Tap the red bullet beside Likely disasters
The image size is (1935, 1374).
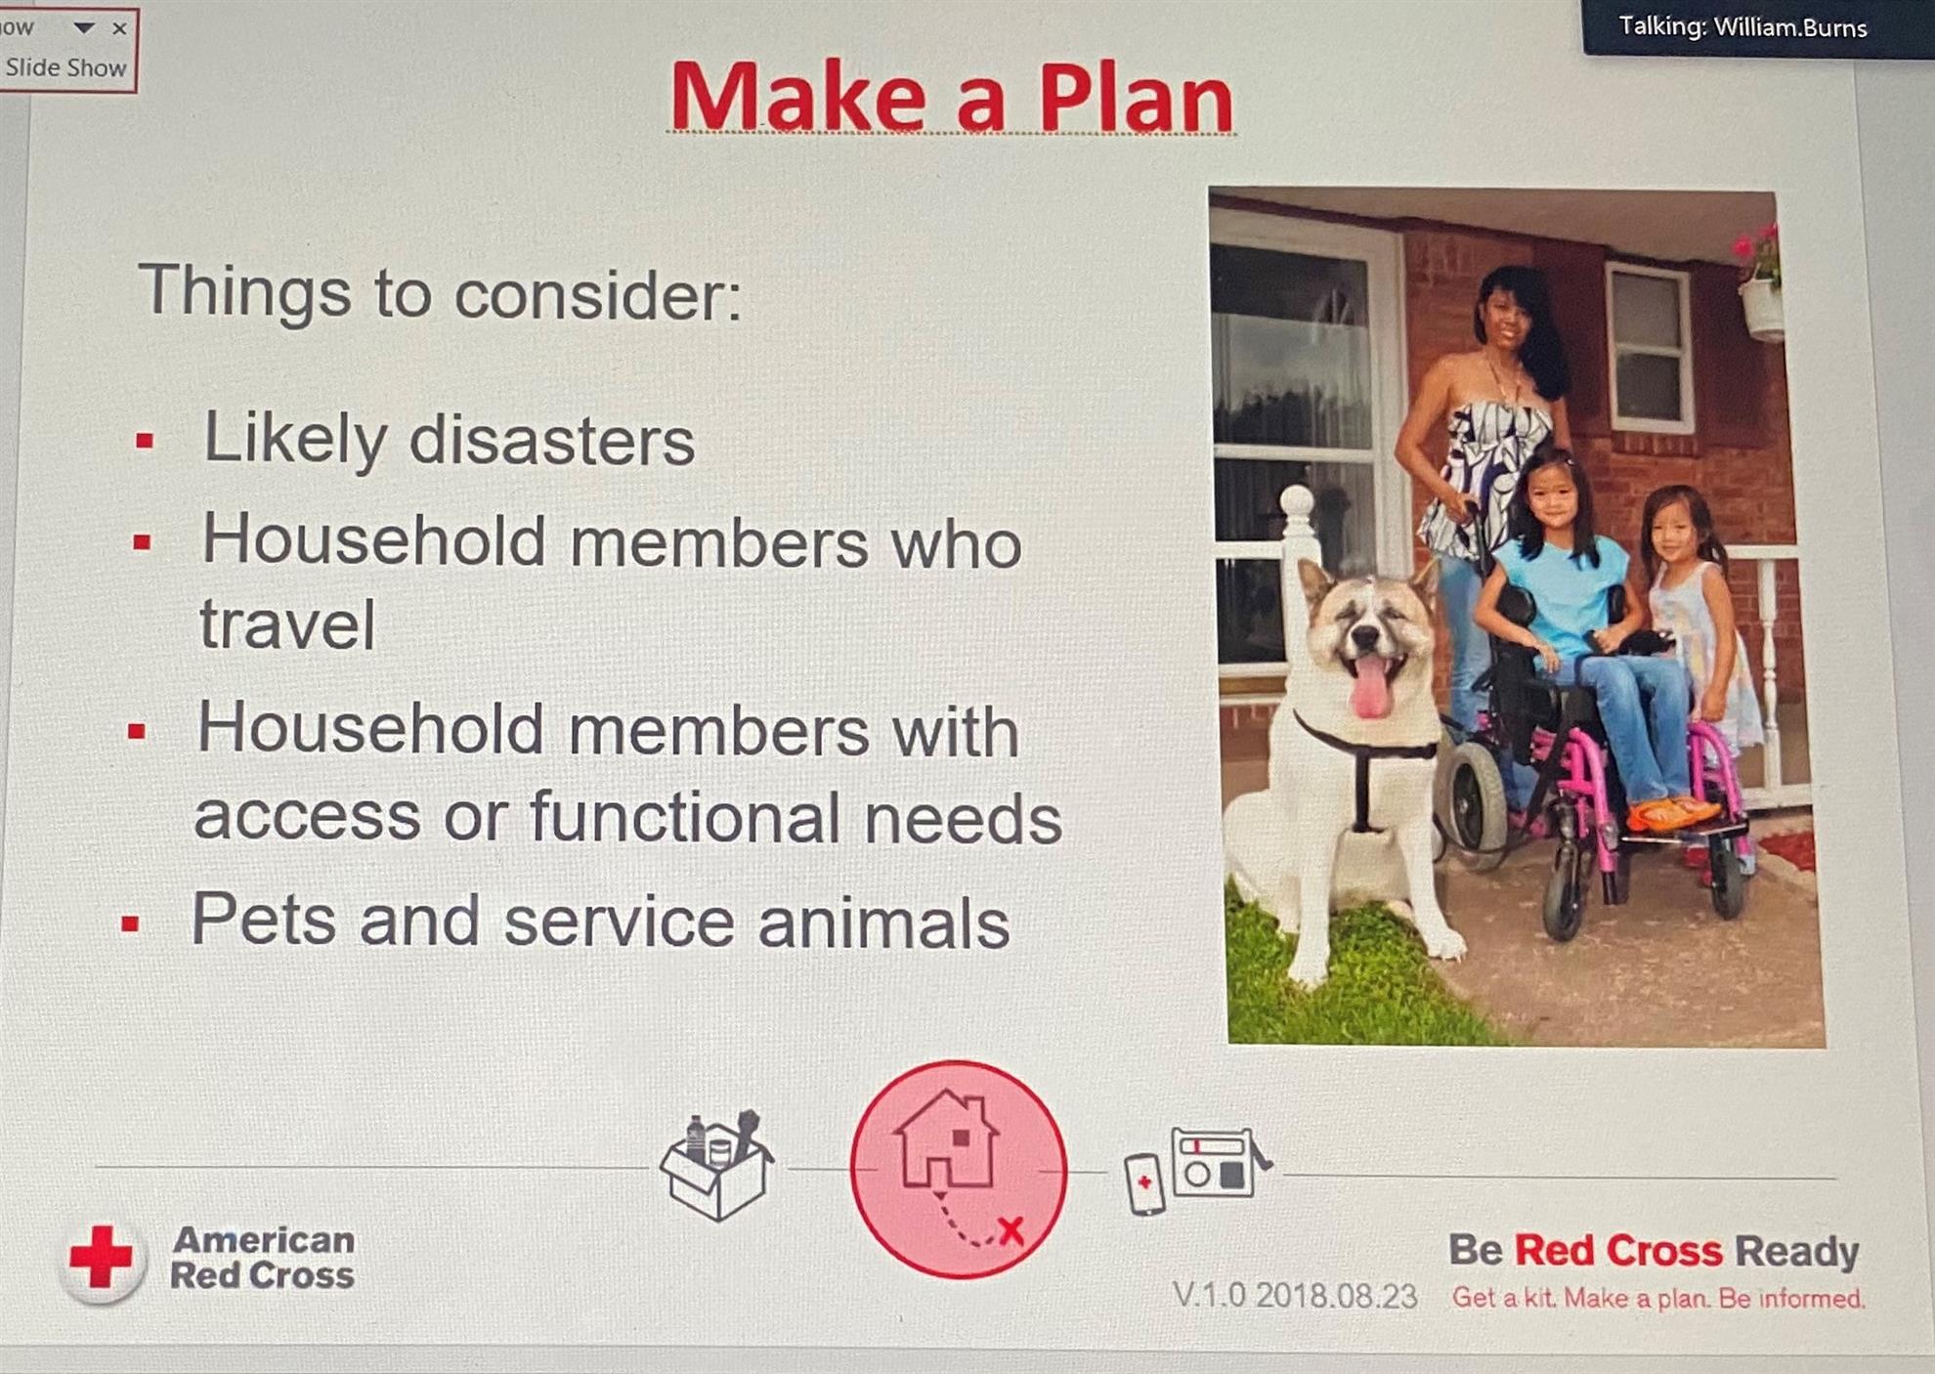click(x=145, y=441)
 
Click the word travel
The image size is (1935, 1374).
click(x=287, y=624)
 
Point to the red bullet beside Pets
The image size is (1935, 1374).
click(x=130, y=923)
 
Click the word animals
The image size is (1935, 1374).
click(x=883, y=923)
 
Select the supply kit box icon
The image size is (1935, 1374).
click(x=716, y=1165)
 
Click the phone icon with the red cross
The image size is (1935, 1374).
click(x=1144, y=1184)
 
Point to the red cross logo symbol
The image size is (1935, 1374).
click(x=101, y=1257)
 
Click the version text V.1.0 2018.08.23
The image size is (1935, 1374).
click(x=1294, y=1296)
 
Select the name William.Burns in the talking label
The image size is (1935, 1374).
click(x=1790, y=27)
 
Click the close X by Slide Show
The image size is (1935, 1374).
click(x=119, y=28)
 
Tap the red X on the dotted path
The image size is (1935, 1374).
click(x=1010, y=1230)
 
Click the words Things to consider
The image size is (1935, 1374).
click(x=440, y=291)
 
